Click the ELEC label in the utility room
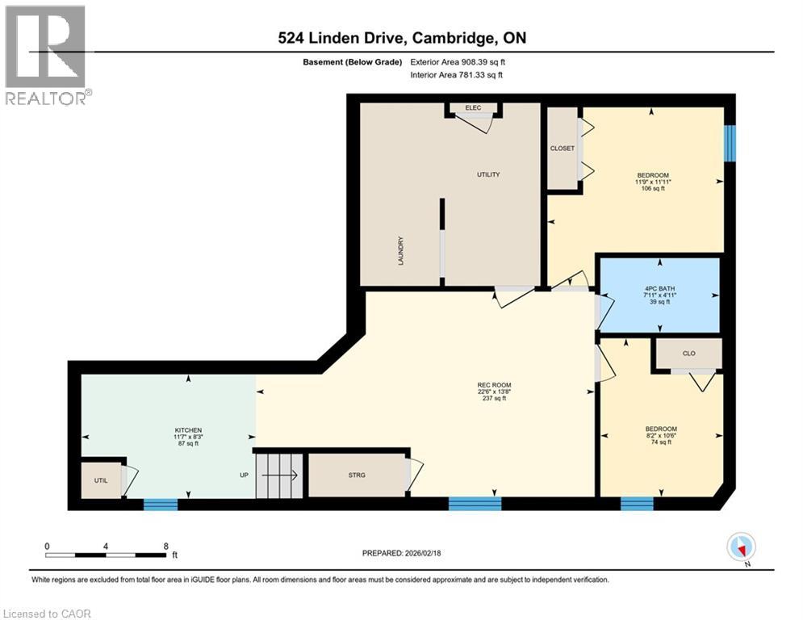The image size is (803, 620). coord(473,108)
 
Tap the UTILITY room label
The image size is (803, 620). coord(488,174)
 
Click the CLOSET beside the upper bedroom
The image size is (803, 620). coord(563,149)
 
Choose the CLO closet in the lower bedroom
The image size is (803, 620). coord(688,354)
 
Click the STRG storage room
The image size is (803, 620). coord(356,475)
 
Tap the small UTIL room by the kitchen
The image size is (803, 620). coord(100,480)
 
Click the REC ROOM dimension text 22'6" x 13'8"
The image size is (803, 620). coord(494,392)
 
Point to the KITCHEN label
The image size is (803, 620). coord(188,430)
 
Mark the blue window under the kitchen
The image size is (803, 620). coord(160,505)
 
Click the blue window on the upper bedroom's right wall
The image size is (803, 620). coord(730,144)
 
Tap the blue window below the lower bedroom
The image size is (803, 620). coord(637,505)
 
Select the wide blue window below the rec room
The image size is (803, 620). coord(475,505)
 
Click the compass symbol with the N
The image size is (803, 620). coord(740,547)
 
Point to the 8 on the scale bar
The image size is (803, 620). coord(165,546)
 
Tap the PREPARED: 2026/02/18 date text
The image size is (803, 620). coord(402,554)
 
